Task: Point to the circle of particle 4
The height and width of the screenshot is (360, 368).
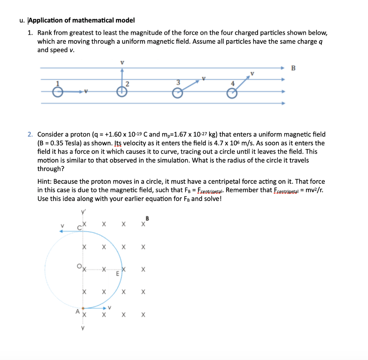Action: click(232, 93)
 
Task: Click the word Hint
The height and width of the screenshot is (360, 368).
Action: click(45, 182)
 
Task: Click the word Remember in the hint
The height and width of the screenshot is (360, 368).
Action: click(240, 190)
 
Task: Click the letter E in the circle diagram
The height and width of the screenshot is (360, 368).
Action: click(117, 274)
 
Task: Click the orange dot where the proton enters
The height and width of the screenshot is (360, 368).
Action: click(83, 308)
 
